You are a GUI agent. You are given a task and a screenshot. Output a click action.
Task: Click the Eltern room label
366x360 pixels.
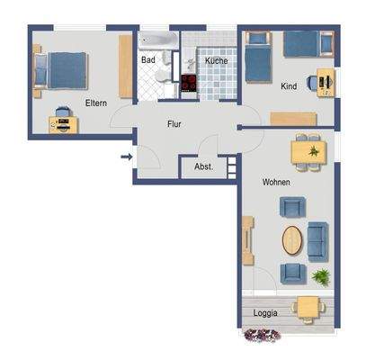tap(96, 103)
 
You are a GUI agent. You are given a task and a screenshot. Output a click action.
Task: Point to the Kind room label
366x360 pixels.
tap(288, 87)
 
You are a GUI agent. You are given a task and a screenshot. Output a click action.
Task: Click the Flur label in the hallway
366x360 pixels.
tap(175, 126)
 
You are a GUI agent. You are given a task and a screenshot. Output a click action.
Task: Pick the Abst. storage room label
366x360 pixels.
tap(202, 167)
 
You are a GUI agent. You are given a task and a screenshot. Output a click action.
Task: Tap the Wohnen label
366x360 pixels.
tap(275, 182)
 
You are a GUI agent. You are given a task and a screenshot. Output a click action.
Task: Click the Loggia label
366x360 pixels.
tap(265, 312)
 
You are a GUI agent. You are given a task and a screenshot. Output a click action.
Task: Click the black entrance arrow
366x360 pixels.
tap(127, 158)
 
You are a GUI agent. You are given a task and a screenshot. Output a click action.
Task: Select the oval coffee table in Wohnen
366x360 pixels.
tap(293, 240)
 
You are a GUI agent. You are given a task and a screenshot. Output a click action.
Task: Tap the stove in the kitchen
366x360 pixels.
tap(189, 84)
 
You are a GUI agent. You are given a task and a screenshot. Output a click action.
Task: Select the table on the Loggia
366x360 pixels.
tap(308, 307)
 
